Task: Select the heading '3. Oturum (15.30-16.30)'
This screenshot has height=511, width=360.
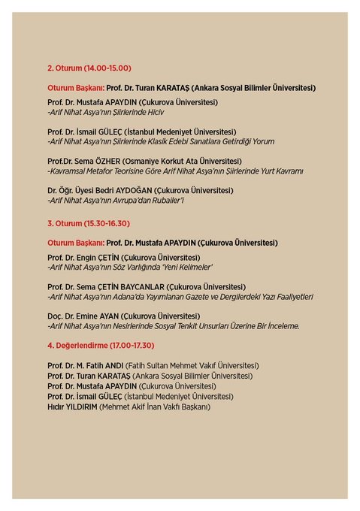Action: click(88, 223)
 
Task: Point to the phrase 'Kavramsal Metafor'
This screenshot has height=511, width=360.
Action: click(83, 171)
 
